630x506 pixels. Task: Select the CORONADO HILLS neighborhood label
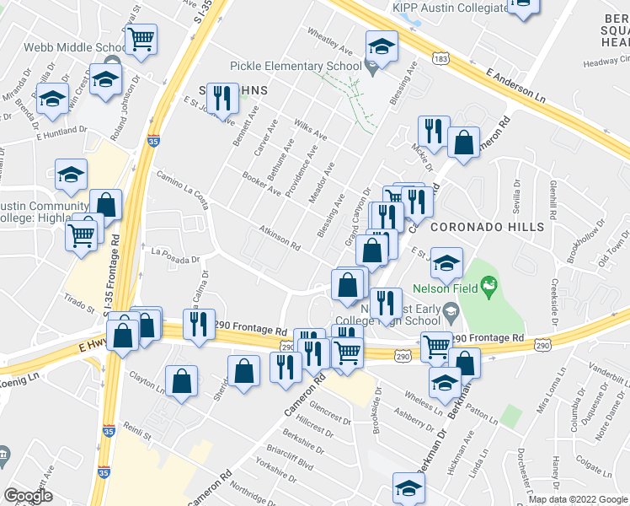coord(488,227)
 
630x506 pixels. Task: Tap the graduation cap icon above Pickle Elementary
coord(382,47)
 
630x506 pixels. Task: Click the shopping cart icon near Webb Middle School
coord(141,38)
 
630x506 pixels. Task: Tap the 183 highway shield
coord(440,59)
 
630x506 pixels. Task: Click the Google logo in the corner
coord(28,495)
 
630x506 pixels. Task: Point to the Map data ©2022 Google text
coord(578,499)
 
